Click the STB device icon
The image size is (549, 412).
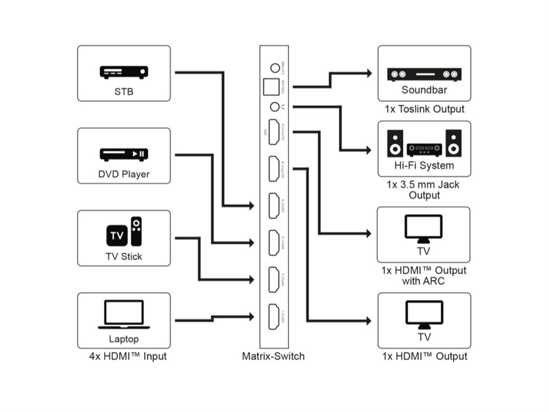124,72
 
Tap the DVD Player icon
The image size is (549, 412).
124,154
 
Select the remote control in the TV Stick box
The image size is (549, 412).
136,231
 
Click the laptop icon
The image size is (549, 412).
124,314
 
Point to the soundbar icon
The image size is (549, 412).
424,74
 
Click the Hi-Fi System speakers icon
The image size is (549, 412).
424,144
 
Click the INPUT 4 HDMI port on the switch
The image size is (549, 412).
274,205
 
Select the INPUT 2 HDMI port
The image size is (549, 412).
274,280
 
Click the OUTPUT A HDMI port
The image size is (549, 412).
274,132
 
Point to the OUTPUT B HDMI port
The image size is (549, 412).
274,169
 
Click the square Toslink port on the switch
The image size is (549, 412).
269,87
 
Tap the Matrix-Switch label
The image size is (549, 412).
273,356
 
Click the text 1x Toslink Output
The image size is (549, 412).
424,109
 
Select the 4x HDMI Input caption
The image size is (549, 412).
128,356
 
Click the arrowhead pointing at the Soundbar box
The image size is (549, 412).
369,73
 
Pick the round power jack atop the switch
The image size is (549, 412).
275,68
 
